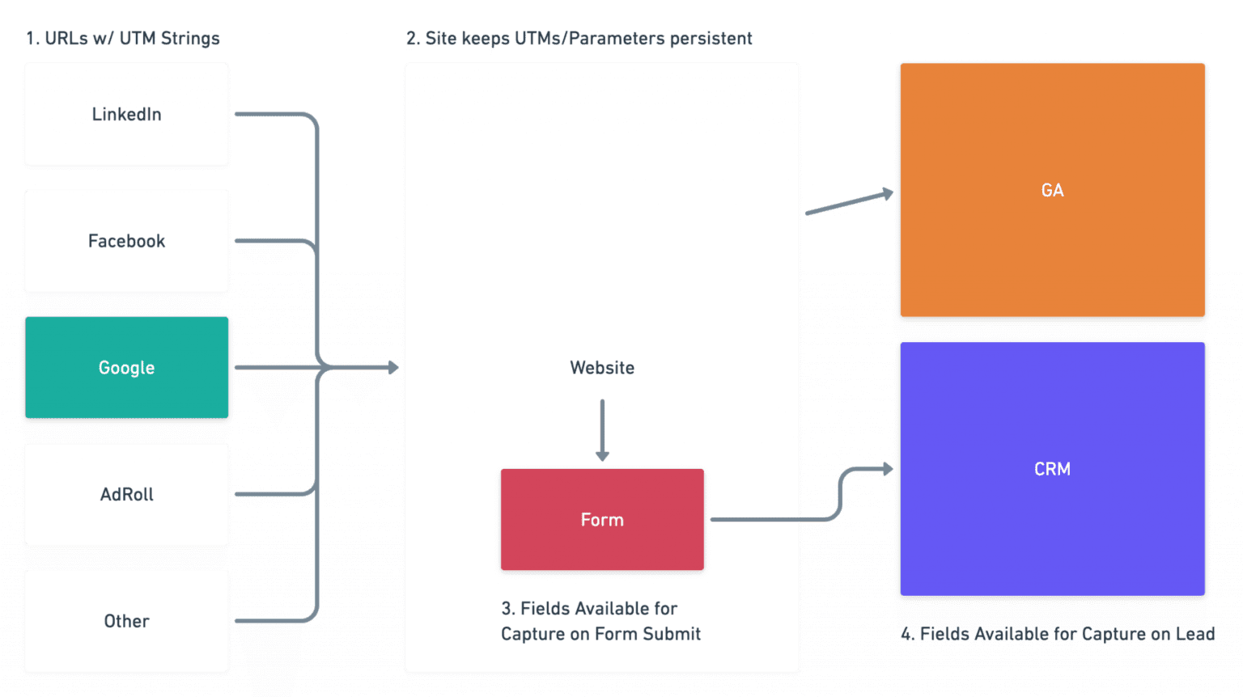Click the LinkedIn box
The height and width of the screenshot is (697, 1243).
tap(126, 114)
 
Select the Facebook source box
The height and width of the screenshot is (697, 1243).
tap(126, 241)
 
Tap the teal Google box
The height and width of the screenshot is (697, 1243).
tap(126, 368)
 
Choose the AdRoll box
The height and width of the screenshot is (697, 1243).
tap(126, 494)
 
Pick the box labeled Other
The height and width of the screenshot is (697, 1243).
tap(126, 621)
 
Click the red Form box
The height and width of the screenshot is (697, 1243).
tap(602, 520)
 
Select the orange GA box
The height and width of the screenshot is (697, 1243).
tap(1052, 190)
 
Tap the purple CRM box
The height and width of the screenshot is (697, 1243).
tap(1052, 469)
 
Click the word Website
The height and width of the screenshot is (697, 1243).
tap(602, 368)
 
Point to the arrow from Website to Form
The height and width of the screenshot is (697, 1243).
tap(602, 429)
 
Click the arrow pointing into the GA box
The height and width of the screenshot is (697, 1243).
tap(850, 203)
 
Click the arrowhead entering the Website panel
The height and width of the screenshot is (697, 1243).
tap(392, 368)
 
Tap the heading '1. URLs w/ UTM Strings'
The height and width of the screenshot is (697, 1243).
tap(122, 38)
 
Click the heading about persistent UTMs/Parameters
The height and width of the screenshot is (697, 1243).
tap(579, 38)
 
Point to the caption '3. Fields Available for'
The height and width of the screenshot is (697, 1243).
tap(589, 608)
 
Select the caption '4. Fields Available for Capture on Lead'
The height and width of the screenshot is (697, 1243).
tap(1057, 634)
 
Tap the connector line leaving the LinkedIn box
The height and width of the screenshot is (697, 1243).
tap(271, 114)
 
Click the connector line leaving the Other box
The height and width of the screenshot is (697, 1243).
tap(271, 621)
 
